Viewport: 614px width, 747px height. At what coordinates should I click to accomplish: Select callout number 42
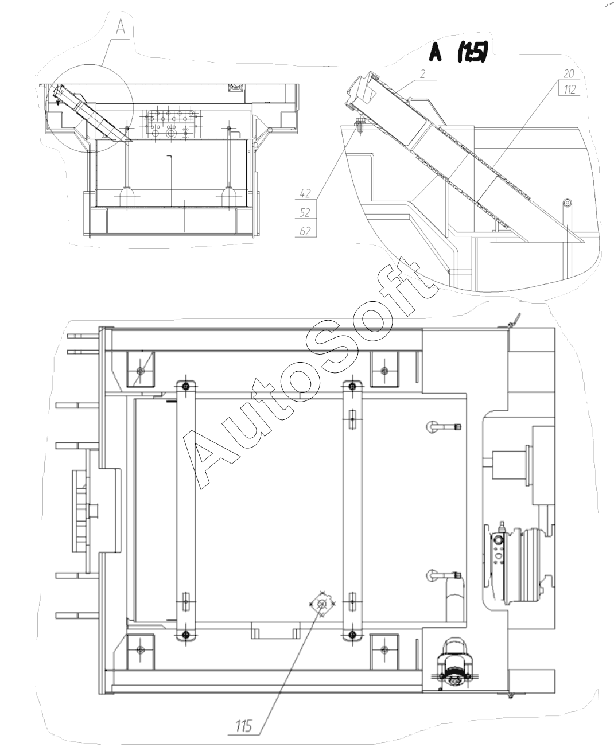click(x=305, y=193)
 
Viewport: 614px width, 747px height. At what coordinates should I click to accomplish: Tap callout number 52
click(x=305, y=212)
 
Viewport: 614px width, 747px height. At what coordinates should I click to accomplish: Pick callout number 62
click(x=305, y=231)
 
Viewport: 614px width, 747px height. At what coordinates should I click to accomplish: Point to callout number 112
click(x=570, y=89)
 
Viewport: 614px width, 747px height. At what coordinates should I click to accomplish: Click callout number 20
click(x=569, y=73)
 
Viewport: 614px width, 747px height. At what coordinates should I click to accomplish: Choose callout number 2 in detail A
click(x=422, y=73)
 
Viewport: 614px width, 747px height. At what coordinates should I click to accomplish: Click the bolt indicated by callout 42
click(x=360, y=124)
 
